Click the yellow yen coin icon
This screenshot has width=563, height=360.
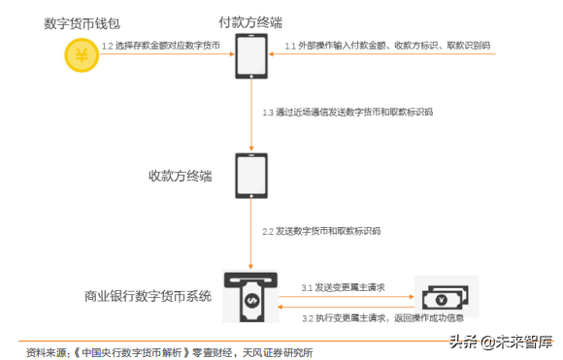[x=82, y=54]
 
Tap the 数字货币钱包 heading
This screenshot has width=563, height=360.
[x=82, y=22]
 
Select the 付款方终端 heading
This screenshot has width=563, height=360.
[x=251, y=22]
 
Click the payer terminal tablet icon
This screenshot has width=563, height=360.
[x=251, y=56]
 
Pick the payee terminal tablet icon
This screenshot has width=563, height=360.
[x=251, y=174]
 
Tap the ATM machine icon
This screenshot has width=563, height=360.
[x=250, y=295]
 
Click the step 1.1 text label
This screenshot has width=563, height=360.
[x=386, y=46]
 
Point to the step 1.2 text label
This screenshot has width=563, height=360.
[x=161, y=46]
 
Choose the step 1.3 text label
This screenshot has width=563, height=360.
[x=348, y=113]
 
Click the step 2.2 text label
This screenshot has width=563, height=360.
[x=321, y=232]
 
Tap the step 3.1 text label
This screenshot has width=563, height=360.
[x=343, y=288]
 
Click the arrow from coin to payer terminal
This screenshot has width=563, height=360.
[x=165, y=55]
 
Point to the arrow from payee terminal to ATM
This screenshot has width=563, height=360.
[x=251, y=233]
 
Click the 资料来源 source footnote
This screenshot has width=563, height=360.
[x=169, y=349]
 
